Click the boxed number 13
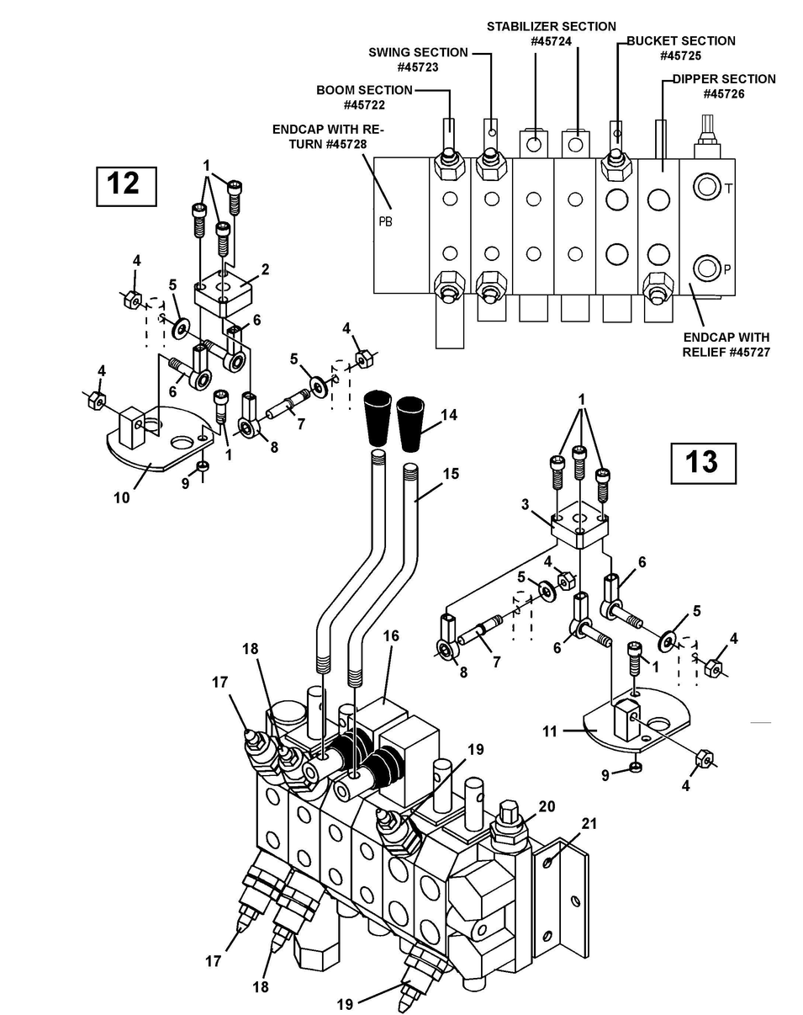(702, 463)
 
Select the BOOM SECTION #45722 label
(364, 98)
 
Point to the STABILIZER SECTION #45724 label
(551, 34)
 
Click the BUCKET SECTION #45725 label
(680, 48)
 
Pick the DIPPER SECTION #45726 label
(723, 86)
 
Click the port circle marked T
(705, 187)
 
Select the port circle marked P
(705, 269)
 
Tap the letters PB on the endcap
(386, 223)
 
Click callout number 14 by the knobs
(449, 415)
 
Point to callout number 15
(451, 474)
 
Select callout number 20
(547, 806)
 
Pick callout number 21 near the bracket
(589, 823)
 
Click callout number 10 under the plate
(121, 497)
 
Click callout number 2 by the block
(265, 270)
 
